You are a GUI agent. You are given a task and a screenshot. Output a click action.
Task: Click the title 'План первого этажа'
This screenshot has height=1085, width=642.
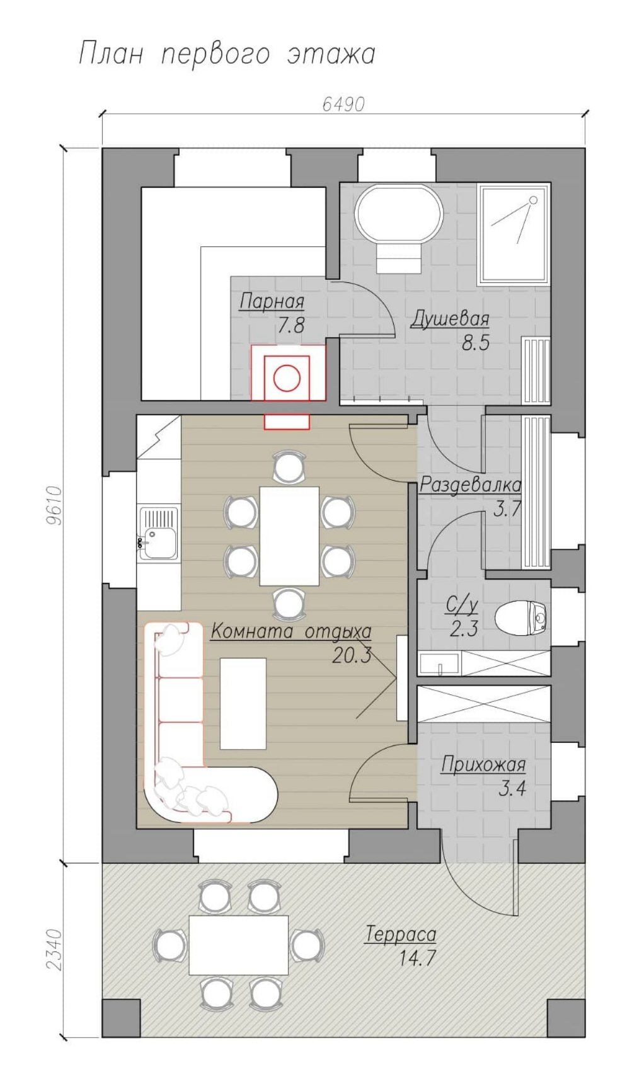coord(227,54)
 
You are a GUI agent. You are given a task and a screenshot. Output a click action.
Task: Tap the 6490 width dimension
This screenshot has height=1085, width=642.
coord(343,104)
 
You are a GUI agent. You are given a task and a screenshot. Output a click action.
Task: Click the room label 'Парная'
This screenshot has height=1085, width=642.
coord(272,302)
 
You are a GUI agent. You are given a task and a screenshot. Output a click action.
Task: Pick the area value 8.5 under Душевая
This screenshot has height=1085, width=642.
coord(476,343)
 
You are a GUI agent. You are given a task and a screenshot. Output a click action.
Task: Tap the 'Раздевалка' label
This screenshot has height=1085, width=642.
coord(470,485)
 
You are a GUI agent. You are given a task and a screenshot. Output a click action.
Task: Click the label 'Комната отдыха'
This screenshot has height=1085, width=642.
coord(291,631)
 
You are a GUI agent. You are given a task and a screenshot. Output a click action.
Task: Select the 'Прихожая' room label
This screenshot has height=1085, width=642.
coord(483,765)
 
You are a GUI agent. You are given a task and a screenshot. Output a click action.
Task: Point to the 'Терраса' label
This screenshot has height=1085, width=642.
coord(401,934)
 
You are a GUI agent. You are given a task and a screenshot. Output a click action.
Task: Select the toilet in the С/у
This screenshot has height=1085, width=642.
coord(522,618)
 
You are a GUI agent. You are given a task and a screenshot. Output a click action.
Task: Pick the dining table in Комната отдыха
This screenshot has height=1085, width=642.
coord(289,536)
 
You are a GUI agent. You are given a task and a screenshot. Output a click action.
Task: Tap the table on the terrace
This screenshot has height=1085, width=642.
coord(239,945)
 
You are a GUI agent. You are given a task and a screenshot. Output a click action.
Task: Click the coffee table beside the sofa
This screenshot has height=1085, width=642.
coord(243,703)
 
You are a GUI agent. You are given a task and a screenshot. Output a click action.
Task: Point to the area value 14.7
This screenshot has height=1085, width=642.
coord(417,958)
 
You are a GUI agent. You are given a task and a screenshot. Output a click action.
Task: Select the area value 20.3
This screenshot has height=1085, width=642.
coord(352,655)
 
